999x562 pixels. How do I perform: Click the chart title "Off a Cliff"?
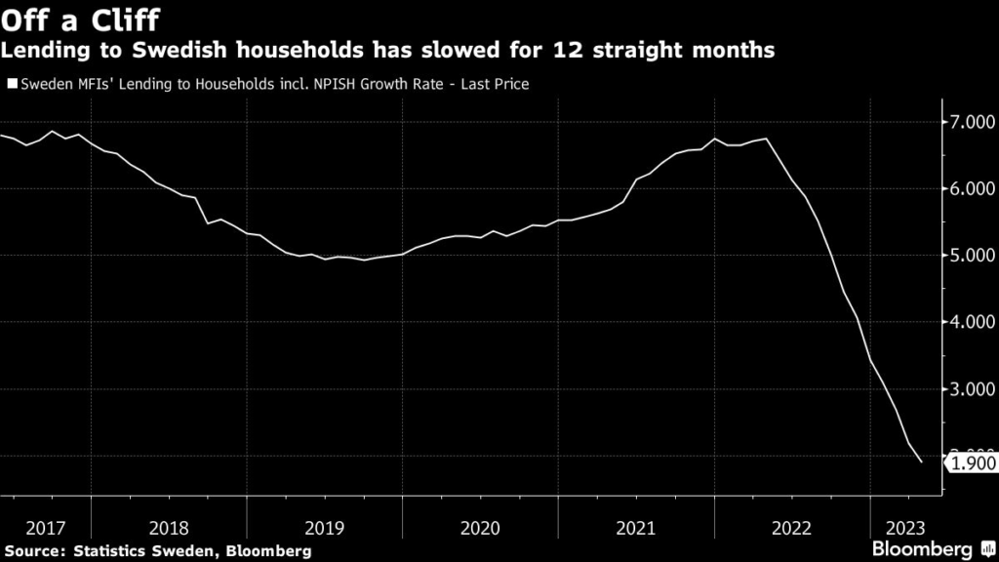tap(81, 19)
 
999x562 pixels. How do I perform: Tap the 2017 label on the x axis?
tap(46, 528)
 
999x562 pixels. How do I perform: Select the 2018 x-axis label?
tap(169, 528)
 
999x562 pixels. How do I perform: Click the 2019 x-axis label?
tap(324, 528)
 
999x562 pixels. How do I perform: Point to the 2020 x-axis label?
tap(479, 528)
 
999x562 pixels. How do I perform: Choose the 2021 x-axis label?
tap(635, 528)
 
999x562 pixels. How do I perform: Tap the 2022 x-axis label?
tap(790, 528)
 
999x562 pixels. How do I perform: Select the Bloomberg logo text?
tap(922, 548)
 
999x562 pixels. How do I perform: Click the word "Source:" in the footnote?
tap(37, 551)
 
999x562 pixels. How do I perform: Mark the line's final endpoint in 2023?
tap(921, 462)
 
